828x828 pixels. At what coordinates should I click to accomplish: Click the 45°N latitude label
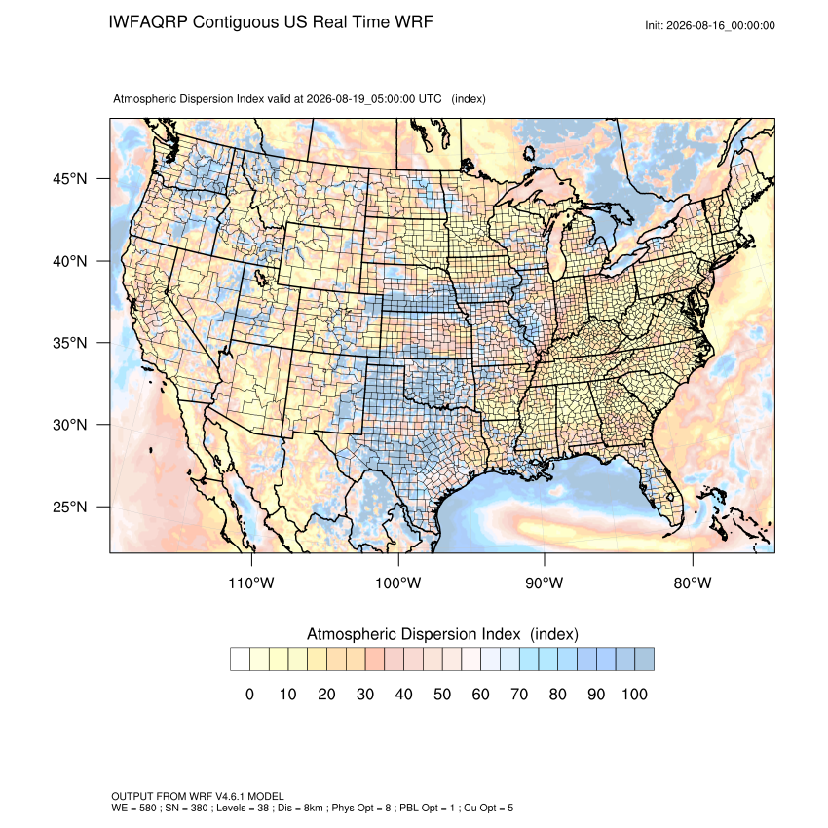69,179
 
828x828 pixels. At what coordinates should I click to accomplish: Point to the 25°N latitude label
69,507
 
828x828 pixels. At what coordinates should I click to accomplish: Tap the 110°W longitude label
251,583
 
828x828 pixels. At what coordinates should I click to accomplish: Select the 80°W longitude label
693,583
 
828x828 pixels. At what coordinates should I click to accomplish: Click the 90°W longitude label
544,583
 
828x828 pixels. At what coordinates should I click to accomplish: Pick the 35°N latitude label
69,343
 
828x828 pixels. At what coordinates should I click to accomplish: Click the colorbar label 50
442,694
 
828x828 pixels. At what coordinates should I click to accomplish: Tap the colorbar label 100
634,694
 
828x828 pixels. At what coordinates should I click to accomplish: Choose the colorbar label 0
249,694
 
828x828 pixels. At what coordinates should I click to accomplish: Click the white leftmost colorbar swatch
240,659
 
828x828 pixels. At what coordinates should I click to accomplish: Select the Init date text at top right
710,26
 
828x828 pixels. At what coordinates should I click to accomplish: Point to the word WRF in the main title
416,22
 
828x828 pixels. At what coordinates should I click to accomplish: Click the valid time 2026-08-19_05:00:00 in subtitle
360,99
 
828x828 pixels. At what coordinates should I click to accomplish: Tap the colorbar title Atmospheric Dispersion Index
413,634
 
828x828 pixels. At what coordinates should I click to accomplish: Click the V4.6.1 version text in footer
231,796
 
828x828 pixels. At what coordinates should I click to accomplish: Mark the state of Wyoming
321,256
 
